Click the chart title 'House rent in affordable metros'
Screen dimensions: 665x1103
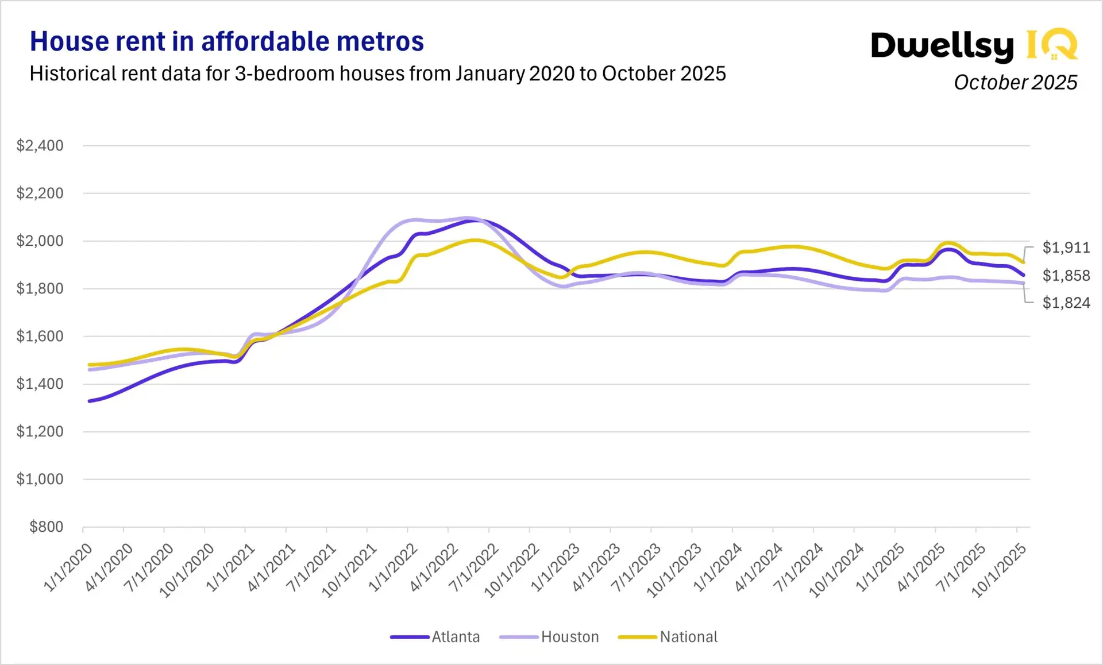tap(226, 41)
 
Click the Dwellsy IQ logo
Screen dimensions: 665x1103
tap(974, 45)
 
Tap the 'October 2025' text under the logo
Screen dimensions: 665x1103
tap(1015, 83)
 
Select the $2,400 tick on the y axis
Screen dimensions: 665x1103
tap(40, 146)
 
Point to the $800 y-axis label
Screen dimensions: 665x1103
tap(47, 527)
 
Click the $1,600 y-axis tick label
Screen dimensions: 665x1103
tap(40, 337)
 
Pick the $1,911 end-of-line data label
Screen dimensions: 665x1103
tap(1066, 248)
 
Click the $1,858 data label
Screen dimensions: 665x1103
tap(1066, 276)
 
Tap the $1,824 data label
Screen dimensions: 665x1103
tap(1066, 303)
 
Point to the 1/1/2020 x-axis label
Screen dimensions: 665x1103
tap(68, 567)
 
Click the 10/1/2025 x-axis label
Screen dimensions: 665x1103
tap(998, 570)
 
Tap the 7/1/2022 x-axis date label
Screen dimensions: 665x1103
tap(474, 567)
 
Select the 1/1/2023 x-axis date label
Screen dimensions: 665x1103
tap(555, 567)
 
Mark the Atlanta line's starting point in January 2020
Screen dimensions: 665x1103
tap(90, 401)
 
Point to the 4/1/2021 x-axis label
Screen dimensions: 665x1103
tap(271, 567)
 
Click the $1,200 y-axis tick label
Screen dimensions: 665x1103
tap(40, 432)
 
